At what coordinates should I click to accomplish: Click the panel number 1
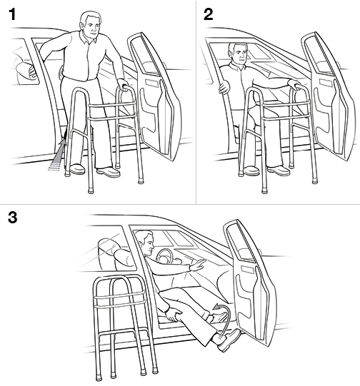point(10,14)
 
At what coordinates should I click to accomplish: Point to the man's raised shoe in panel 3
point(229,341)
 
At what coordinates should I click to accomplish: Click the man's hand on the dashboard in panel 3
point(201,265)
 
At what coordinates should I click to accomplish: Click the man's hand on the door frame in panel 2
point(224,88)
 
